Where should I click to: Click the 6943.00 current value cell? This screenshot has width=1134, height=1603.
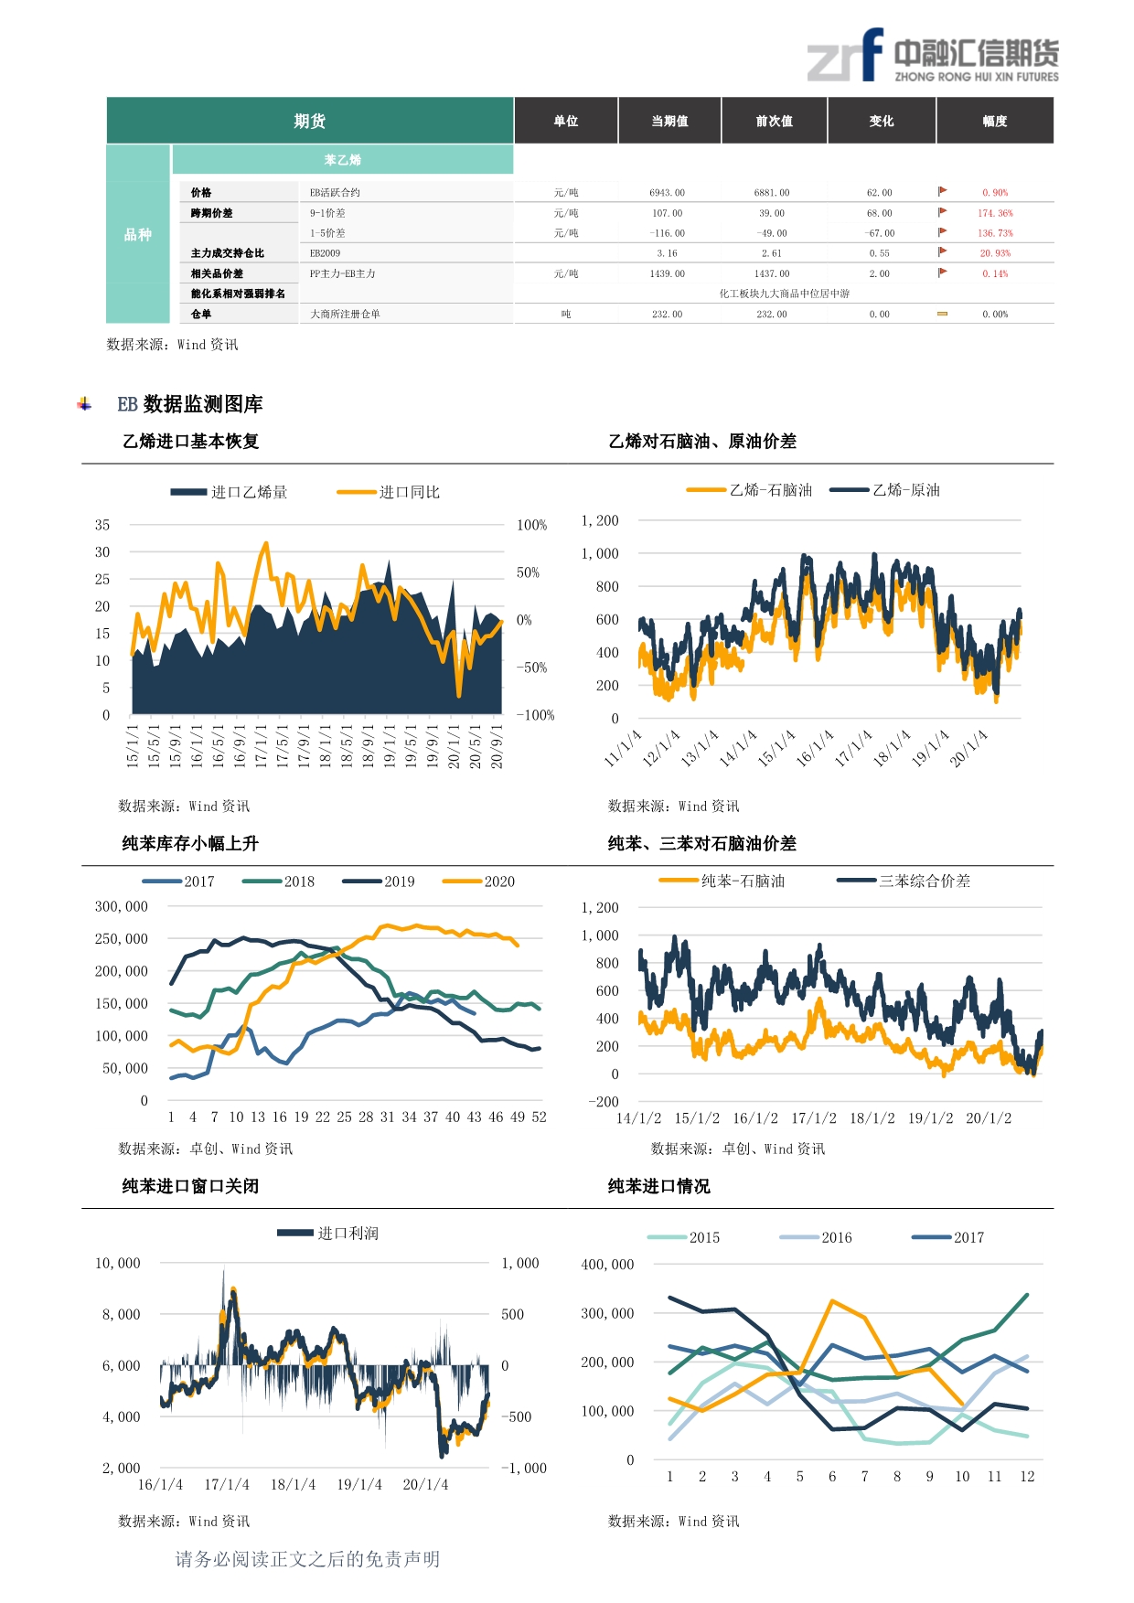(x=667, y=193)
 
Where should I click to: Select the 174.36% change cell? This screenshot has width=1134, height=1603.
(x=995, y=213)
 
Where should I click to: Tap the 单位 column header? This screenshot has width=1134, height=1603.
(x=566, y=121)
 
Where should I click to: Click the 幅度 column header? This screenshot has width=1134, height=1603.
(x=994, y=121)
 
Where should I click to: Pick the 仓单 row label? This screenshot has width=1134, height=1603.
(x=201, y=314)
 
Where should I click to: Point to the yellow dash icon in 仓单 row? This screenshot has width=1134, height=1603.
(x=942, y=314)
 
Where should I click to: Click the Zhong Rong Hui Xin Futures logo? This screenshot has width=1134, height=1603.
(x=932, y=57)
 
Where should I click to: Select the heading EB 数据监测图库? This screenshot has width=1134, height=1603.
(x=189, y=404)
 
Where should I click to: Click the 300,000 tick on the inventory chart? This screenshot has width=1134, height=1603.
(x=122, y=906)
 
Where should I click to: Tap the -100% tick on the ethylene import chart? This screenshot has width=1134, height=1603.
(x=536, y=715)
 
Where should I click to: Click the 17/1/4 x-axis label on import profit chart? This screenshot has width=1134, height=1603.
(x=227, y=1484)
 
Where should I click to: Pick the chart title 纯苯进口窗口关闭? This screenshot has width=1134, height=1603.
(x=190, y=1186)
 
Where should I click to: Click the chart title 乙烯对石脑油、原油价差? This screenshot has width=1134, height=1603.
(x=702, y=441)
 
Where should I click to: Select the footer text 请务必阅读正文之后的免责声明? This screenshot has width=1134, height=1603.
(x=307, y=1559)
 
